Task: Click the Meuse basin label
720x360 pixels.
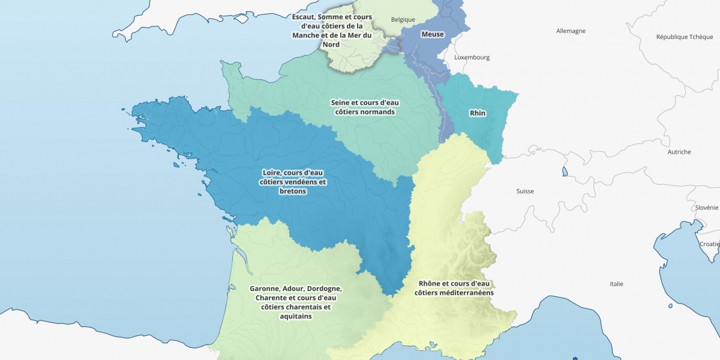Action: tap(433, 34)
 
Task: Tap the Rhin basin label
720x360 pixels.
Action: tap(478, 113)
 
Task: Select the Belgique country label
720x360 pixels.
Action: tap(403, 19)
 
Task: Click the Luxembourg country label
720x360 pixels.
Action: tap(472, 58)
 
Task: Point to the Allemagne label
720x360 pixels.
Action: tap(571, 31)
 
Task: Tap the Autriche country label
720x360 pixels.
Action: tap(679, 152)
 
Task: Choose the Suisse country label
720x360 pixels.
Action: tap(525, 191)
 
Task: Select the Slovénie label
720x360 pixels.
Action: tap(707, 208)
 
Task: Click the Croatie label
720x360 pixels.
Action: tap(709, 244)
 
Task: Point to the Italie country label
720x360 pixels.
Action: tap(616, 284)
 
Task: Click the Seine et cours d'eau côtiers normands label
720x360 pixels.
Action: tap(365, 107)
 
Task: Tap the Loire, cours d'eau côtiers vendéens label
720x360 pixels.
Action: tap(293, 182)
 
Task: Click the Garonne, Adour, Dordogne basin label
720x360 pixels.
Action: tap(295, 302)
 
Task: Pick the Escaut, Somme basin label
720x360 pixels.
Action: tap(331, 31)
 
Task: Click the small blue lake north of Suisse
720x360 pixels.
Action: tap(565, 172)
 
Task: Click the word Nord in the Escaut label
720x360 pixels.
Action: tap(331, 44)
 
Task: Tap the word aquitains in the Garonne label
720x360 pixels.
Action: tap(295, 316)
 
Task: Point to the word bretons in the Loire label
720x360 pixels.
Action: tap(293, 191)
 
